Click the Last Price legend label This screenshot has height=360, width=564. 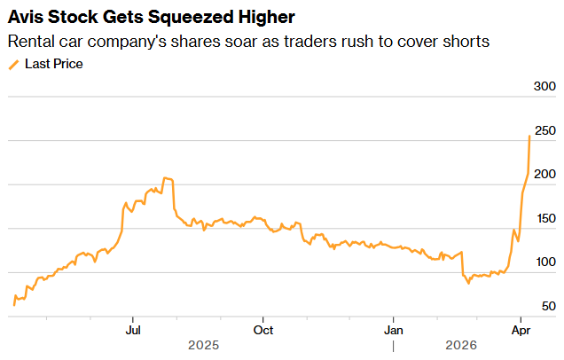[54, 64]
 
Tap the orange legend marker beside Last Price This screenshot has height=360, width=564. [13, 64]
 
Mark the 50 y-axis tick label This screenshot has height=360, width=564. [547, 306]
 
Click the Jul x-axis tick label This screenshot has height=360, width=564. [133, 329]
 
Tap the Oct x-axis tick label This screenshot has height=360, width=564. [262, 329]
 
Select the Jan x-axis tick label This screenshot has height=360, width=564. [394, 329]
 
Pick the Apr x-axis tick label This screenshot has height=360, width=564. [521, 329]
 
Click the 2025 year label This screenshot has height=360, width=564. [203, 345]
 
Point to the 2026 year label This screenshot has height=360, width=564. [462, 345]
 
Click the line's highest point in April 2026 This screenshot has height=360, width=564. [529, 136]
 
